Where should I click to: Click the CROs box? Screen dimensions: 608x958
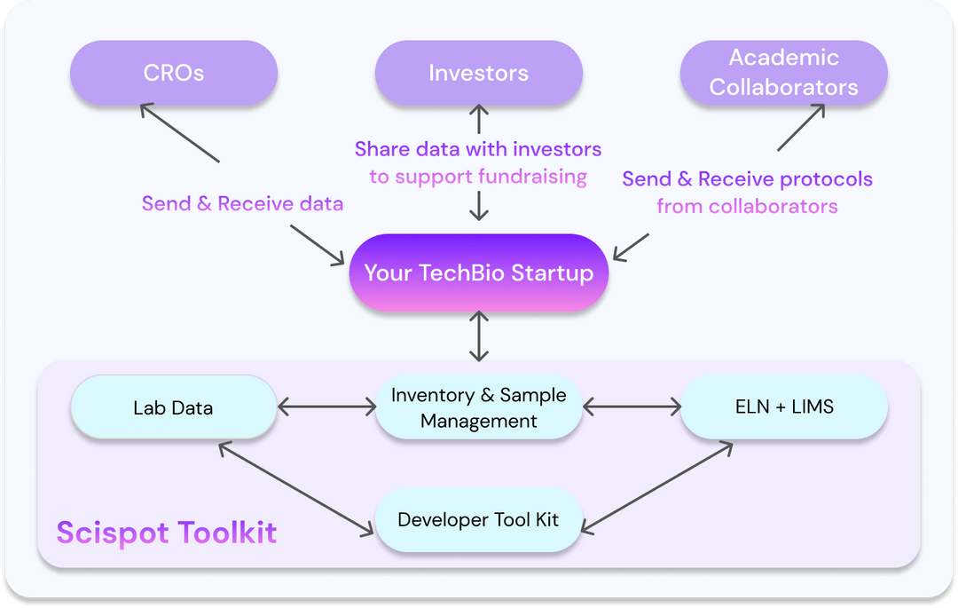pos(174,73)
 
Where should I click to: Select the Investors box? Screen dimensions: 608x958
pos(479,73)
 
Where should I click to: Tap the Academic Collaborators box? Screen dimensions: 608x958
pos(784,73)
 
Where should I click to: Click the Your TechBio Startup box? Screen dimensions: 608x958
pos(479,272)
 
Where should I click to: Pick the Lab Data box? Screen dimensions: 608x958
pos(174,407)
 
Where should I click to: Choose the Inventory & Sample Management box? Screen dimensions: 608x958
pos(479,407)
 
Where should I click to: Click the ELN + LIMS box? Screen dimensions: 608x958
pos(784,407)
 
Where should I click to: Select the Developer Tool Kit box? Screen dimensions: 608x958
pos(479,519)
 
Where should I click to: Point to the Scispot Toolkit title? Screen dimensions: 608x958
pos(167,533)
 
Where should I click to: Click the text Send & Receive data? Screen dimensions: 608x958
pos(242,203)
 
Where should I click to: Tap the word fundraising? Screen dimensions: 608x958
pos(532,176)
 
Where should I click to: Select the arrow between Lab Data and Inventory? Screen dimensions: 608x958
pos(326,407)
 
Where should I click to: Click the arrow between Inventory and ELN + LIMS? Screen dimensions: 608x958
pos(632,407)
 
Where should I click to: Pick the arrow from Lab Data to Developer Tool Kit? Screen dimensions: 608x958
pos(296,488)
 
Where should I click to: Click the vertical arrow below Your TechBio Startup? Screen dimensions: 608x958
pos(479,336)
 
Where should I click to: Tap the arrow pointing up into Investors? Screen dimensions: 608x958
pos(479,118)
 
